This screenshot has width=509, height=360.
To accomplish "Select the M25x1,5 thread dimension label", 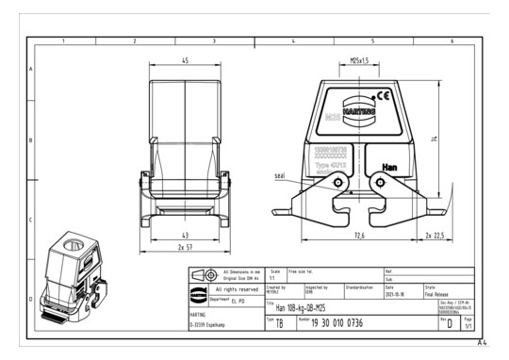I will pos(359,60).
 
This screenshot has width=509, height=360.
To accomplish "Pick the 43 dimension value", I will pos(185,234).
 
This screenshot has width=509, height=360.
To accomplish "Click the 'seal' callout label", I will pos(279,175).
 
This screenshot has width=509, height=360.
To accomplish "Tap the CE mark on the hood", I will pos(383,95).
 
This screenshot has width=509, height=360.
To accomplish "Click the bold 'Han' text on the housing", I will pos(390,166).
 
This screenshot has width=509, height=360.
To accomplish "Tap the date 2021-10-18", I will pos(396,293).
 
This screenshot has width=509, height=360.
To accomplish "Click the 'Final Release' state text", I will pos(439,293).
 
